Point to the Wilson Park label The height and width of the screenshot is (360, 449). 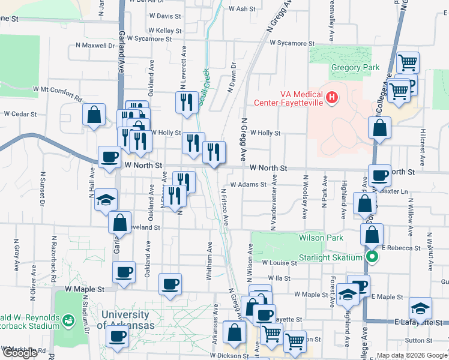pyautogui.click(x=321, y=238)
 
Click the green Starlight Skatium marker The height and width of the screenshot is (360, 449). pyautogui.click(x=372, y=258)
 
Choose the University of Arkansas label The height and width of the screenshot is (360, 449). pyautogui.click(x=128, y=320)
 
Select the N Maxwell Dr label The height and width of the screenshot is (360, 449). pyautogui.click(x=95, y=45)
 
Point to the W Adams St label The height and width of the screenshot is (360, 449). pyautogui.click(x=247, y=185)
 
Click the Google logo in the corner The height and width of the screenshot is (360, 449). pyautogui.click(x=19, y=353)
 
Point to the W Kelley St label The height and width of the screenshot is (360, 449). pyautogui.click(x=164, y=30)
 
